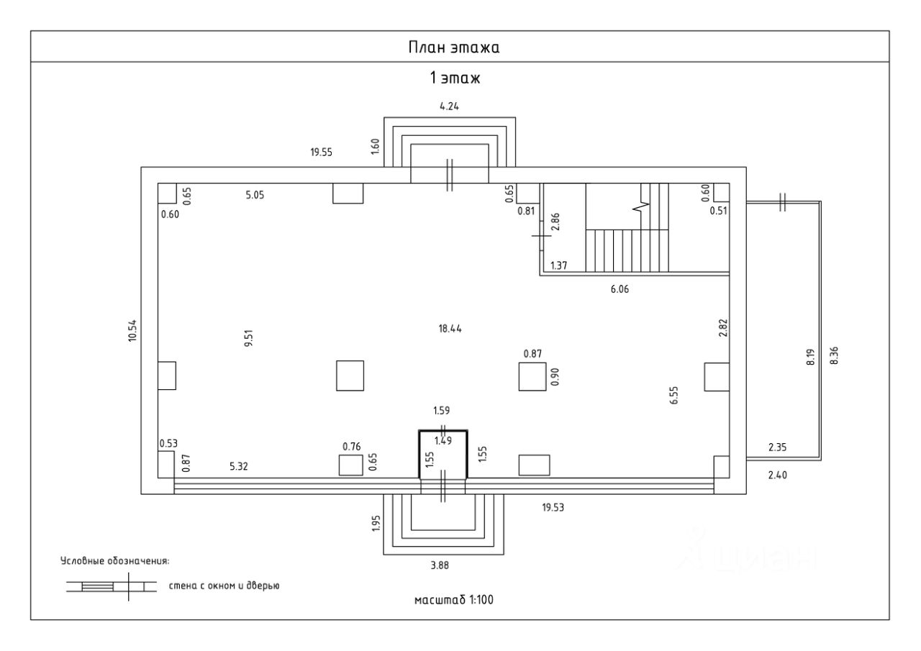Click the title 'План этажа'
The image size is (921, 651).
coord(454,47)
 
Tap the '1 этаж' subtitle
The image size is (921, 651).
coord(455,78)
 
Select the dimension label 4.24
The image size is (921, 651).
coord(450,106)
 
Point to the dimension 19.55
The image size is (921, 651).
coord(321,152)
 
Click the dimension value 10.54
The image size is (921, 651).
coord(132,331)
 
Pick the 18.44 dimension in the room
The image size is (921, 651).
coord(450,329)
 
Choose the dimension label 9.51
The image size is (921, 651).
coord(249,338)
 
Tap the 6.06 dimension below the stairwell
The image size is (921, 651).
coord(620,289)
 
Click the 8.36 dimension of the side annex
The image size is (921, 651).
coord(834,355)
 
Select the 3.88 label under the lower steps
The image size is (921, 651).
coord(440,565)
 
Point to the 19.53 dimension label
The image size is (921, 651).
coord(553,508)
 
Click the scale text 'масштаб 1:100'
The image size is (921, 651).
coord(454,600)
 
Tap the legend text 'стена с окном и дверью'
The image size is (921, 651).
coord(224,586)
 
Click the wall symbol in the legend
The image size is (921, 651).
coord(112,586)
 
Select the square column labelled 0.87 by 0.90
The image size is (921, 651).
coord(532,376)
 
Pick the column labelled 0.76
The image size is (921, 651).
coord(350,465)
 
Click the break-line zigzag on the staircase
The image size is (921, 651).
coord(641,208)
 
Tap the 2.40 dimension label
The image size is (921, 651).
coord(778,475)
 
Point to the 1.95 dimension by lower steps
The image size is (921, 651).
coord(376,524)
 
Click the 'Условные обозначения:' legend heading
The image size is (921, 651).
coord(114,561)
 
